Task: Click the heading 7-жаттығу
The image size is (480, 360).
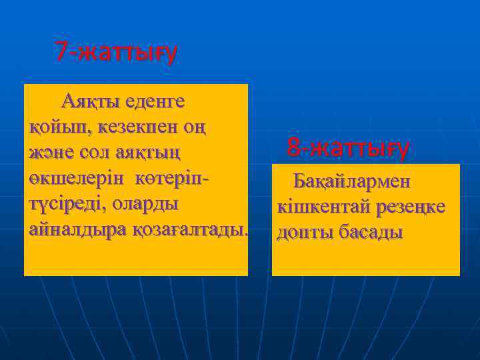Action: pyautogui.click(x=116, y=51)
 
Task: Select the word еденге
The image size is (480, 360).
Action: pyautogui.click(x=155, y=102)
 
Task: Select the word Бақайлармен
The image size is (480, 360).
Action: pyautogui.click(x=353, y=181)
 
